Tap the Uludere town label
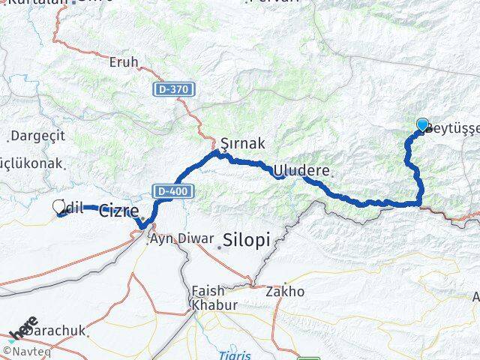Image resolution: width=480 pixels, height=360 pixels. pyautogui.click(x=301, y=171)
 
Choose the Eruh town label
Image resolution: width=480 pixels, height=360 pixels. pyautogui.click(x=124, y=63)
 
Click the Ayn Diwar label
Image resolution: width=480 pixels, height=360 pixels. pyautogui.click(x=178, y=241)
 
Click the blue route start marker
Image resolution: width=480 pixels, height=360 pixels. pyautogui.click(x=422, y=125)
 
